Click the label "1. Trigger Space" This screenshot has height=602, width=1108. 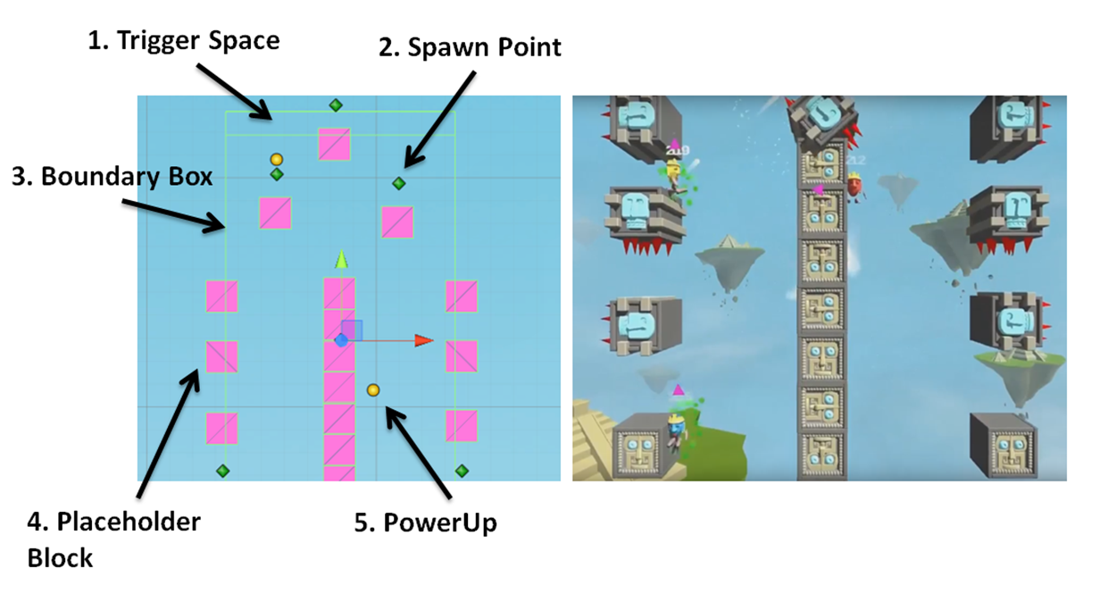pos(184,40)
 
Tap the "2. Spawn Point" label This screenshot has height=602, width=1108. pos(470,47)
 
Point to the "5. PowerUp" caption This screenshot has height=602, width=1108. pos(425,523)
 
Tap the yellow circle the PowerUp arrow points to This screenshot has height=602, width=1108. pos(373,390)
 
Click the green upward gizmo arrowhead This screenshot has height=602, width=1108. pos(340,260)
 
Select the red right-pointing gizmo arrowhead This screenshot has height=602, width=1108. pos(424,340)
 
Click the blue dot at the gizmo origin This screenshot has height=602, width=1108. pos(340,340)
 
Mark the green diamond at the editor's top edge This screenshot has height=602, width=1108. pos(336,105)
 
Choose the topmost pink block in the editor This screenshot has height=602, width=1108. pos(334,145)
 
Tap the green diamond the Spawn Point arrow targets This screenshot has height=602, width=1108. pos(399,183)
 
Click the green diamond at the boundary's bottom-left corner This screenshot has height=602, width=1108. pos(223,471)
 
